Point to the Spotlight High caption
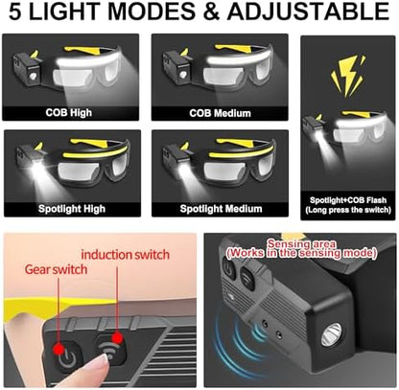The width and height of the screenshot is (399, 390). [71, 206]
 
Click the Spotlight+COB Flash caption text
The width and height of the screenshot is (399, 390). [347, 198]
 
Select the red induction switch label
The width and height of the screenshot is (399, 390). [125, 255]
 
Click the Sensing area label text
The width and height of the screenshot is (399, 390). [299, 245]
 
